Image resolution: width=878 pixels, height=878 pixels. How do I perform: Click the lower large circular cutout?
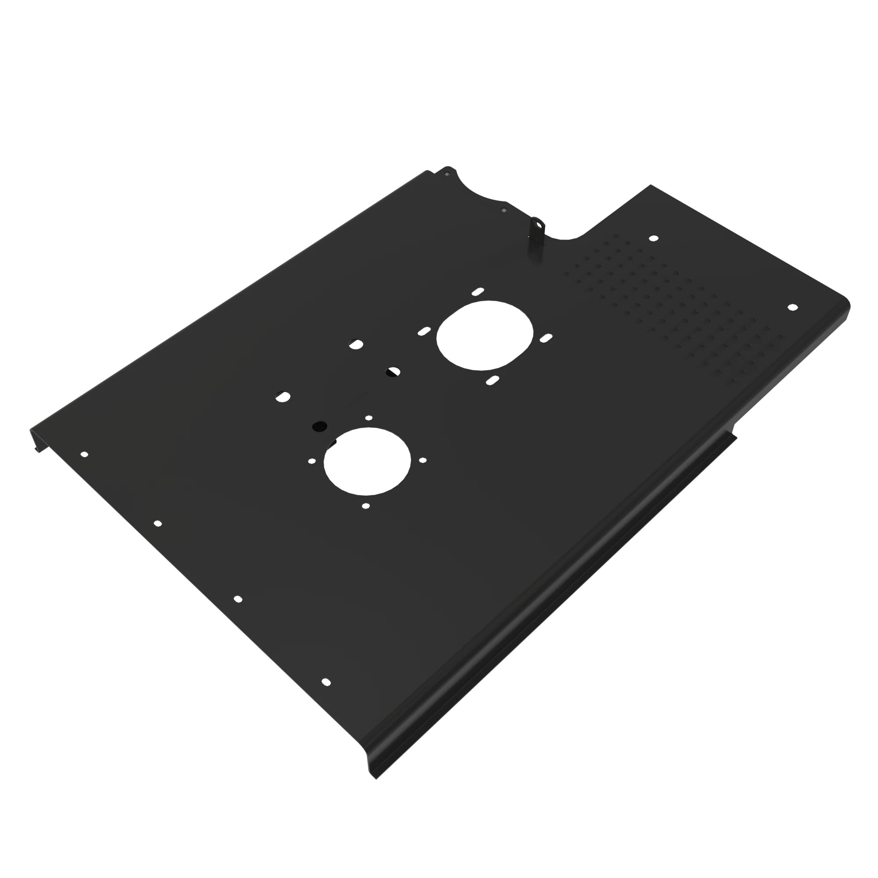(367, 461)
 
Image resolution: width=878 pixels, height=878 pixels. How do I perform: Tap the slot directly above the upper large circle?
(477, 291)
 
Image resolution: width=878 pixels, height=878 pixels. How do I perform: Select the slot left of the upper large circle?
(424, 331)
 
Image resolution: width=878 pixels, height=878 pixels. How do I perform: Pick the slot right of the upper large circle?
(546, 338)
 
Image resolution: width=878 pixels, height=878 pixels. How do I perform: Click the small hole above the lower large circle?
(369, 417)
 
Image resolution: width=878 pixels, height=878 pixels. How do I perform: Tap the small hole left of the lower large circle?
(312, 461)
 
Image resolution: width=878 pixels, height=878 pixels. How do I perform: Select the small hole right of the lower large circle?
(423, 461)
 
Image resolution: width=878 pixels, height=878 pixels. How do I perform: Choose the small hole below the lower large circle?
(366, 505)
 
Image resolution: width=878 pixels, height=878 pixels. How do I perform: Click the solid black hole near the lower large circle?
(320, 426)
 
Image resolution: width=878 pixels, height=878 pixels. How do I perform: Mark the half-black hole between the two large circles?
(392, 372)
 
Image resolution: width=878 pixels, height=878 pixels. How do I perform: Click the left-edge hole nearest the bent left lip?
(84, 454)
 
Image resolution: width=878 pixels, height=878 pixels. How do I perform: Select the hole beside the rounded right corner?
(792, 307)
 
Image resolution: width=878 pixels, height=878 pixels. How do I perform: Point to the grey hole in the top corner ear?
(447, 173)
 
